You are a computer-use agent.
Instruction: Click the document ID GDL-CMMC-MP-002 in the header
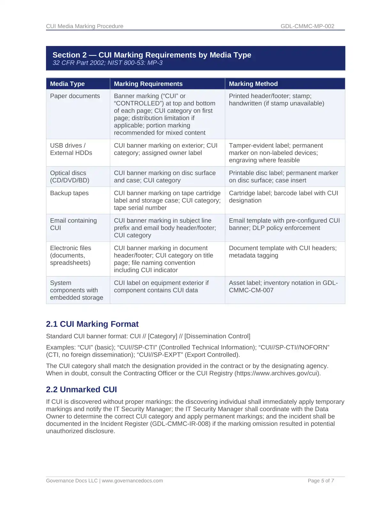tap(307, 26)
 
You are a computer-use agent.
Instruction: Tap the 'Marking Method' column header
tap(253, 84)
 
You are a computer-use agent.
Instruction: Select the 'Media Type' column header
tap(67, 84)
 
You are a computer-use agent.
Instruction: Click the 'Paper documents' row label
tap(75, 96)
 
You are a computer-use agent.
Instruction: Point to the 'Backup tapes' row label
tap(69, 193)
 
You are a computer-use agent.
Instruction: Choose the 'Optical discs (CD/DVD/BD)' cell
tap(70, 176)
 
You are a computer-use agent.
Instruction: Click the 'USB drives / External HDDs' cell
tap(71, 149)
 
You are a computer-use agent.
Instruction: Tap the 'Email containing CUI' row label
tap(73, 224)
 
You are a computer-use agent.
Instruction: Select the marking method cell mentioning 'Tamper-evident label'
tap(276, 153)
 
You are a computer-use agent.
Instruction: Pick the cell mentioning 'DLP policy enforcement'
tap(284, 224)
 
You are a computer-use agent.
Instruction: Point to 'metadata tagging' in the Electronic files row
tap(254, 255)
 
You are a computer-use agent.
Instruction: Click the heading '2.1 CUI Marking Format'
tap(92, 324)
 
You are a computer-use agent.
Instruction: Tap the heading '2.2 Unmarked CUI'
tap(81, 389)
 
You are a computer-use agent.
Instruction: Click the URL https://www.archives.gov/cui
tap(277, 373)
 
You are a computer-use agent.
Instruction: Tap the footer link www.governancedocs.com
tap(132, 480)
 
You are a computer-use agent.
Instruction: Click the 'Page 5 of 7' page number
tap(321, 480)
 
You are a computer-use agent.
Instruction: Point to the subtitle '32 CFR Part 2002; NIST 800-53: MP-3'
tap(108, 63)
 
